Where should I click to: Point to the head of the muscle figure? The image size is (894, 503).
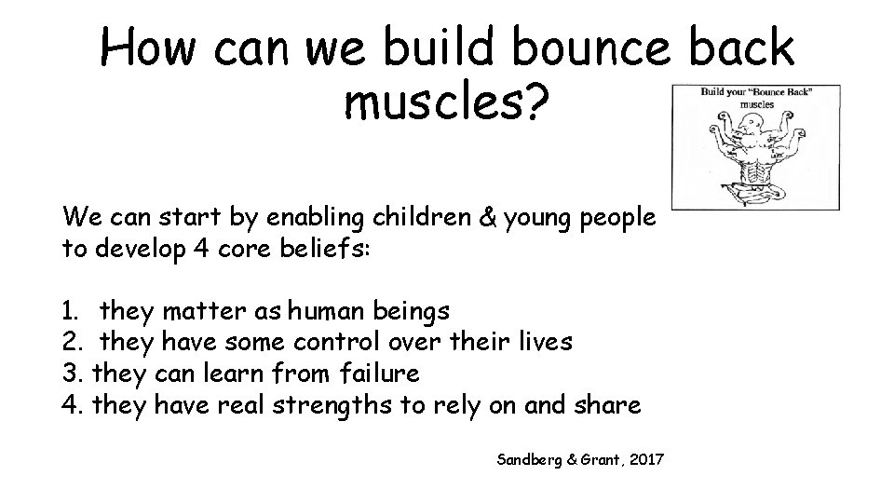[x=757, y=127]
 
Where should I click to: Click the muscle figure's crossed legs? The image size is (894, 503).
[x=755, y=192]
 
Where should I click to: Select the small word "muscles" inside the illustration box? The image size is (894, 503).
[x=756, y=105]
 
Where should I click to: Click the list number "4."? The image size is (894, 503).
[x=74, y=405]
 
